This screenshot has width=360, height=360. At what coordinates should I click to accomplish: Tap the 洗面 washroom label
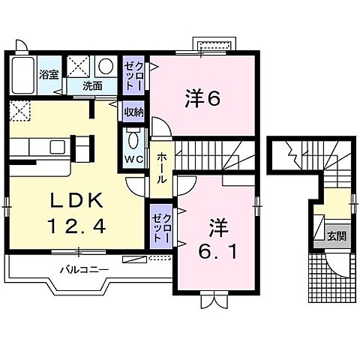(x=93, y=85)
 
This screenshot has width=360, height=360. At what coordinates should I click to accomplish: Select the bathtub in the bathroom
(x=23, y=75)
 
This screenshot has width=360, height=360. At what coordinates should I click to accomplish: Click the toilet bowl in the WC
(x=134, y=139)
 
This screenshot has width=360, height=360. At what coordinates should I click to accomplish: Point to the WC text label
(x=134, y=160)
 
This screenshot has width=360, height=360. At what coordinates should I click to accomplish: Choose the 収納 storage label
(x=134, y=111)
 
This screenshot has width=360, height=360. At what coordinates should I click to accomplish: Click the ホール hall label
(x=162, y=169)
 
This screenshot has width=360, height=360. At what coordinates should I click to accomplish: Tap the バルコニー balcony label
(x=83, y=268)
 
